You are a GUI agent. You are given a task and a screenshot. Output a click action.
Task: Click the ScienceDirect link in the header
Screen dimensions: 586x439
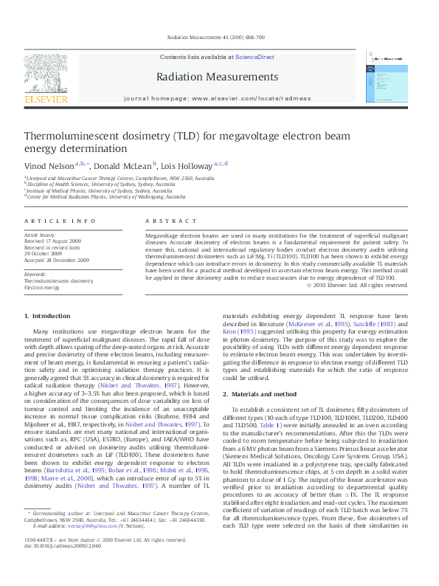[255, 56]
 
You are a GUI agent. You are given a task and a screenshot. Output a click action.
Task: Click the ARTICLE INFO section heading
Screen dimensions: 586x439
[59, 221]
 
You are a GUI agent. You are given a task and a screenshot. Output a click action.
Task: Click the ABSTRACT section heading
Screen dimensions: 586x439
[168, 221]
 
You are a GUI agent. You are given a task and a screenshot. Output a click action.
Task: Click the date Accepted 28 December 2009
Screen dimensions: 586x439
[57, 261]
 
